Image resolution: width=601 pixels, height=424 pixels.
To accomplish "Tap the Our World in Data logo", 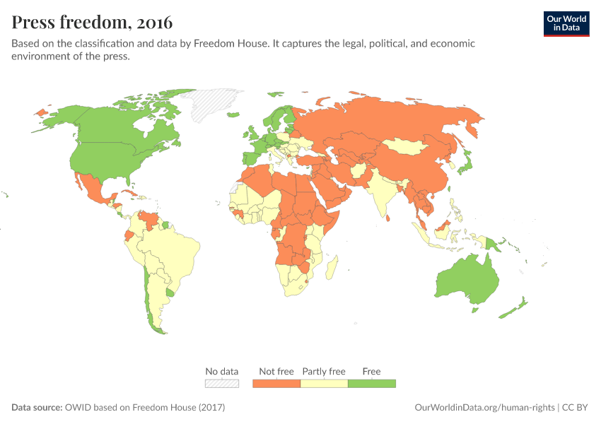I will [x=566, y=23].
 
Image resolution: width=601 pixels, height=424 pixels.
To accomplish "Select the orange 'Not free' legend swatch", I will [x=276, y=383].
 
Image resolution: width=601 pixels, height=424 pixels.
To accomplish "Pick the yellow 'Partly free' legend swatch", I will [x=324, y=383].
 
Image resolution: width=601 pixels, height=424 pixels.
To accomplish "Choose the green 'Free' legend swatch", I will [x=371, y=383].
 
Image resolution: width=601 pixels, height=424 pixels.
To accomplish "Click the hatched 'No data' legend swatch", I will [x=222, y=383].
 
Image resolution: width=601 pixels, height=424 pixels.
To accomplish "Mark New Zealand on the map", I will [x=514, y=308].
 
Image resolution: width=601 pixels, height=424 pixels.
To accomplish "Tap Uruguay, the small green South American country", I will [x=170, y=292].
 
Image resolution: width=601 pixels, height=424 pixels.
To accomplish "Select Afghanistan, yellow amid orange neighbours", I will [x=359, y=171].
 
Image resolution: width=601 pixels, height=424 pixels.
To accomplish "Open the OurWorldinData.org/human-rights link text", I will [x=484, y=408].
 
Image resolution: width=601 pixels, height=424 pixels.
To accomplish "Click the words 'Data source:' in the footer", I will [x=37, y=408].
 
